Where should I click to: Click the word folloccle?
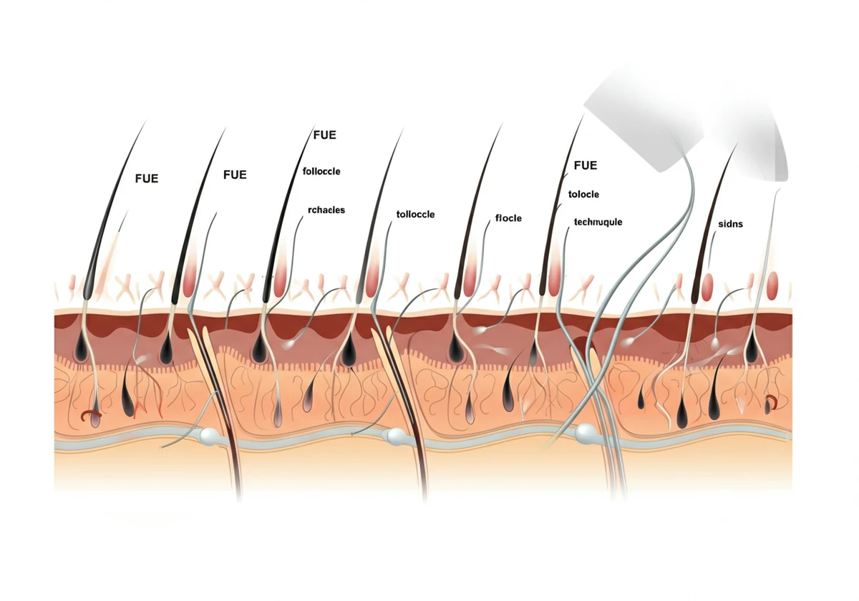point(321,171)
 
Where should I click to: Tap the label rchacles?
point(326,210)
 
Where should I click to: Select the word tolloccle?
point(415,214)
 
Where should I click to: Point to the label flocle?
point(508,218)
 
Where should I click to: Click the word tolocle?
point(583,195)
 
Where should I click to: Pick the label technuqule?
point(598,222)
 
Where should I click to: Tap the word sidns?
point(730,224)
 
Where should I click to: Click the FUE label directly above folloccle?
point(324,135)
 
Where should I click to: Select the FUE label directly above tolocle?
point(586,165)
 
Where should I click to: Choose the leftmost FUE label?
point(147,179)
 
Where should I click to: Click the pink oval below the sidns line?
point(707,287)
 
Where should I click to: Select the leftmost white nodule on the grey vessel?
point(209,435)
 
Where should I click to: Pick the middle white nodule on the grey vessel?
point(396,436)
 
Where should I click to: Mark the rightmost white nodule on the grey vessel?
point(584,432)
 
